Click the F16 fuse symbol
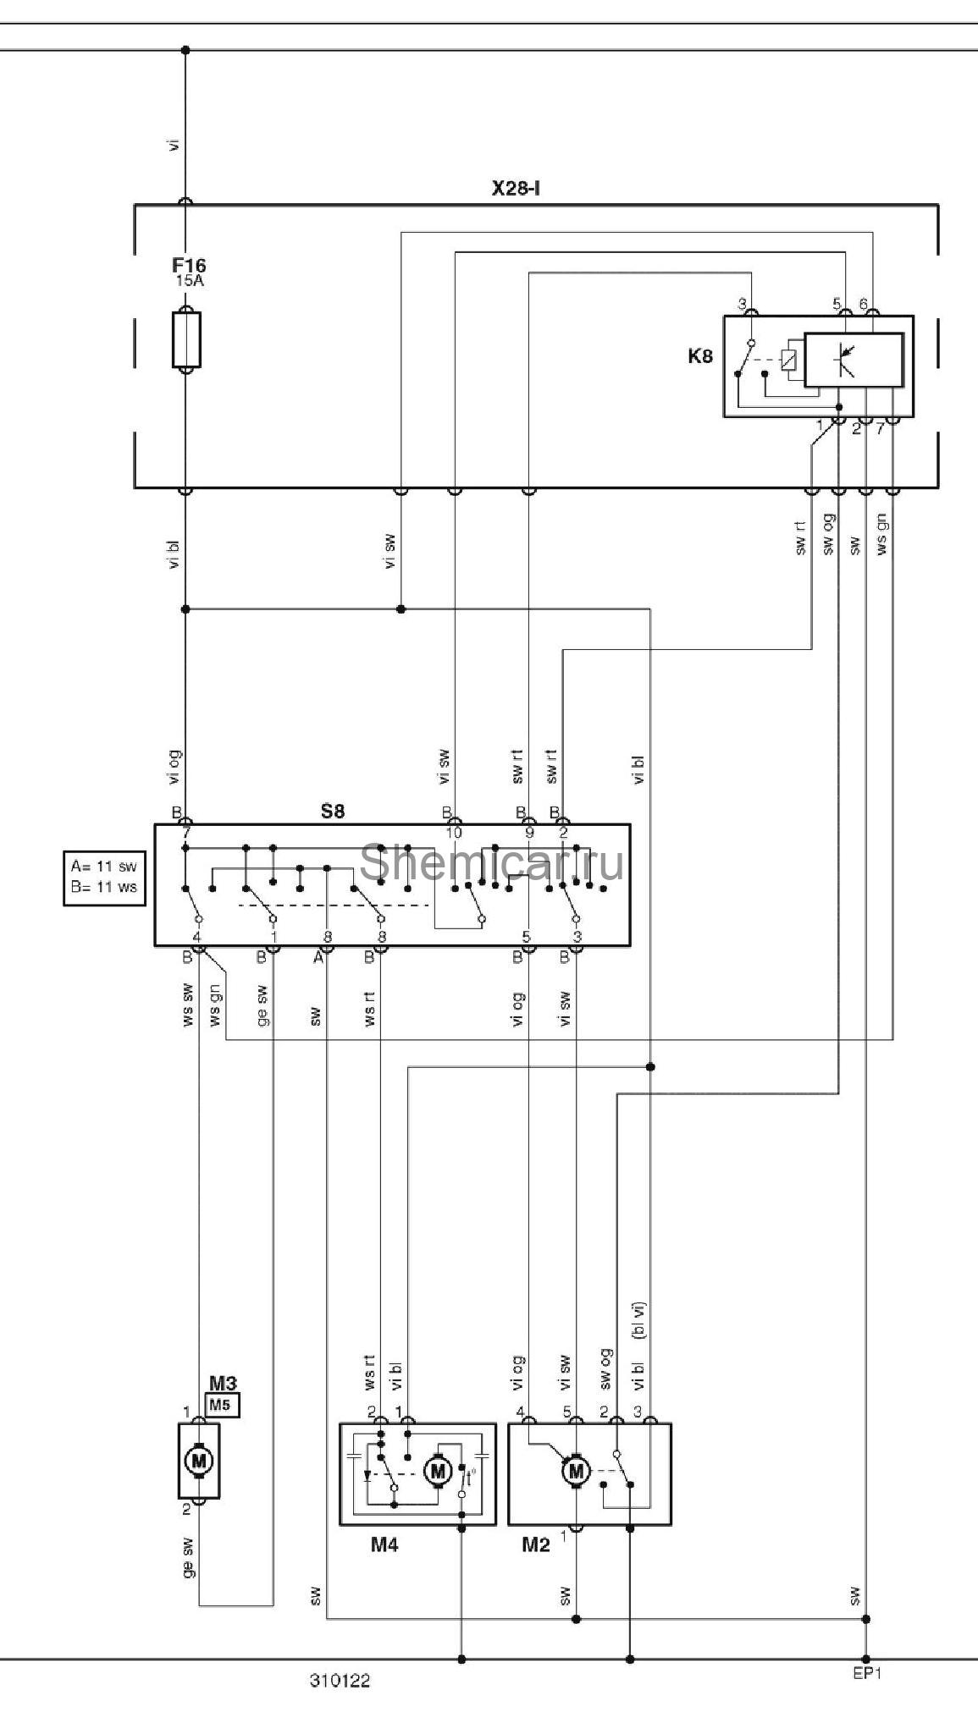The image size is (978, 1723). [186, 339]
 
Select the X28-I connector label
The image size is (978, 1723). [516, 188]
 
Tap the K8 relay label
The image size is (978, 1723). [699, 355]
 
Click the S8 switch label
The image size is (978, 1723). [333, 811]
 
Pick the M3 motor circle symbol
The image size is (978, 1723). [199, 1460]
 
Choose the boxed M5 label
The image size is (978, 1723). [222, 1406]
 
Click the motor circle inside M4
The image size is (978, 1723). [438, 1472]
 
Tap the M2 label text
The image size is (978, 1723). [535, 1544]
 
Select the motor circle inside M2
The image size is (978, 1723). [577, 1472]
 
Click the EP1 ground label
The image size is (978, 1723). [867, 1672]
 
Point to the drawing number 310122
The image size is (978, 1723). [340, 1681]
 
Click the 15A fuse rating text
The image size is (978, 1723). [190, 281]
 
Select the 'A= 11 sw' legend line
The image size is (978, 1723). [103, 867]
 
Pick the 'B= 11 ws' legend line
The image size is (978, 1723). [103, 888]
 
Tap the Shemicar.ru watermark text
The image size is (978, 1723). [492, 862]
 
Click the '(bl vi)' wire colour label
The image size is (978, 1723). [639, 1321]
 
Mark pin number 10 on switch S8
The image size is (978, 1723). [454, 833]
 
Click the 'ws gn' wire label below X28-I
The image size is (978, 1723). [882, 535]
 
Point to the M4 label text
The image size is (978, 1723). [384, 1544]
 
